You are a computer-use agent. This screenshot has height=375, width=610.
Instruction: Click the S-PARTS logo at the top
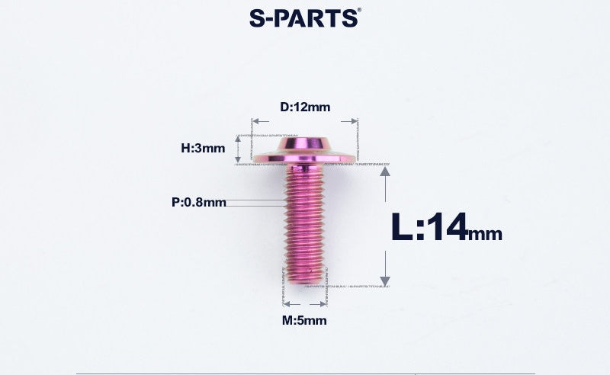tap(304, 18)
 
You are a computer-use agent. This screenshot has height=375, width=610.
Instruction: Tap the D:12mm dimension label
tap(305, 107)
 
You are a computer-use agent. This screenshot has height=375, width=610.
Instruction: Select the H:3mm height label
tap(203, 148)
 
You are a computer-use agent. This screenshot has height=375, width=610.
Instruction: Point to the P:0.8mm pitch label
tap(199, 202)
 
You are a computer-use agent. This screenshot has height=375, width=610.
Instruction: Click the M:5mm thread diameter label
tap(304, 320)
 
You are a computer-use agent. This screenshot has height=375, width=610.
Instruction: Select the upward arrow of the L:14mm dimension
tap(386, 173)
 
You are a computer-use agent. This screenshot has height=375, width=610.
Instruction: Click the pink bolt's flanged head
tap(304, 149)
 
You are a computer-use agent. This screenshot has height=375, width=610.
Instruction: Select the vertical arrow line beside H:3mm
tap(238, 148)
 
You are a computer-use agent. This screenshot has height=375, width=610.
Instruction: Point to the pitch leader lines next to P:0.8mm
tap(255, 203)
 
